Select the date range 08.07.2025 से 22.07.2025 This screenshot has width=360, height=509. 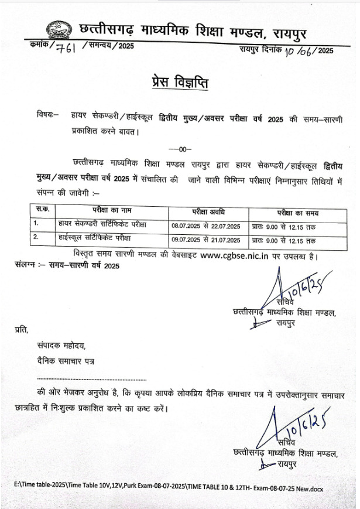coord(206,226)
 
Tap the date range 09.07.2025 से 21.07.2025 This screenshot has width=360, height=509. coord(206,240)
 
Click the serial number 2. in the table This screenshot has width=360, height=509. coord(36,238)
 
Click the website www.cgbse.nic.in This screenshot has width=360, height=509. coord(234,255)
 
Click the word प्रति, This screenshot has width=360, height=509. coord(22,331)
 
